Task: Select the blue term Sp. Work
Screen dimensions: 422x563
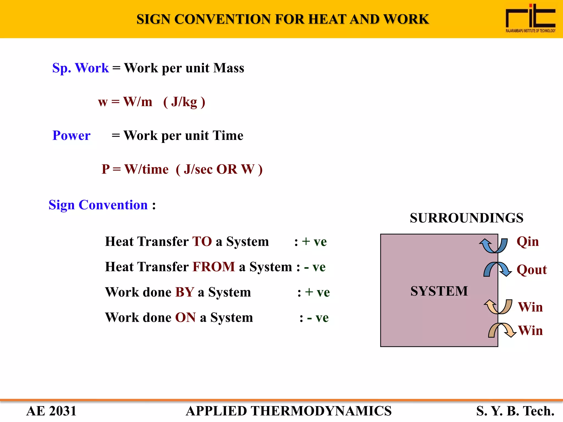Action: click(x=80, y=68)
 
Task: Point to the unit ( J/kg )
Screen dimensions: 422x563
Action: click(x=184, y=102)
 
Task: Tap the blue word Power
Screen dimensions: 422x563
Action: click(x=71, y=135)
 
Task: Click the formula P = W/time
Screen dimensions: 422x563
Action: click(x=135, y=169)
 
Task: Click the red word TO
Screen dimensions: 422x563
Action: click(x=202, y=242)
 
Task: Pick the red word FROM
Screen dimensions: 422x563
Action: click(x=214, y=267)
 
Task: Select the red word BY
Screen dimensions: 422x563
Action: click(x=185, y=292)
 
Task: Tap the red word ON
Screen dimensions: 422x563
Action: click(x=185, y=318)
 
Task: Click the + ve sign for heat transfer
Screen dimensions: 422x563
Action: click(x=314, y=242)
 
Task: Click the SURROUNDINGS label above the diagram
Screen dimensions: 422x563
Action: click(x=467, y=218)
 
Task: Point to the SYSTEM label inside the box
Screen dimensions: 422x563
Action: click(x=439, y=291)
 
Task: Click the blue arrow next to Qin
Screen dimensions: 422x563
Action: click(x=493, y=245)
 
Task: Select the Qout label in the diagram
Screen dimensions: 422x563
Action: click(x=532, y=270)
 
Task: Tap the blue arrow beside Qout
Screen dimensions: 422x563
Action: click(x=497, y=269)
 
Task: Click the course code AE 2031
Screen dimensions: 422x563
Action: click(x=51, y=411)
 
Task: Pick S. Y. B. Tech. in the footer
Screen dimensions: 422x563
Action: click(x=515, y=411)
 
